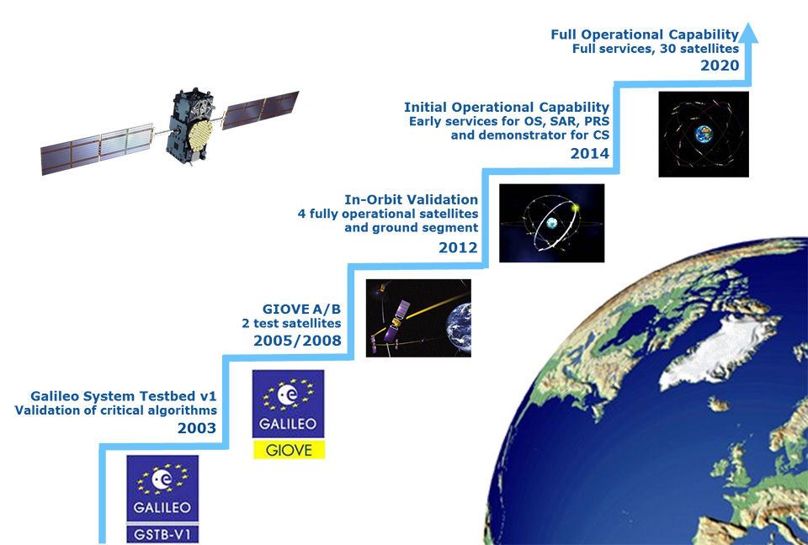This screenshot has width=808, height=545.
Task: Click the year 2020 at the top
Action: (720, 66)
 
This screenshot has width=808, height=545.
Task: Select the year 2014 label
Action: (589, 153)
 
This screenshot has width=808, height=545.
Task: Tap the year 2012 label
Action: (458, 248)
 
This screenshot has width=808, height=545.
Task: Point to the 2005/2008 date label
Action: (297, 341)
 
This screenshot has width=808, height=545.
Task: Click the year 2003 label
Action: (197, 428)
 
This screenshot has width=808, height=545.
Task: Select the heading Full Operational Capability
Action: (645, 34)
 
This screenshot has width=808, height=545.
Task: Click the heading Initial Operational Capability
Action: (507, 107)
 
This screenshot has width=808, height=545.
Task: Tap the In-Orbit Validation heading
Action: (412, 199)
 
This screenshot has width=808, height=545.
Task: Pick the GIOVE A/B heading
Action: (301, 309)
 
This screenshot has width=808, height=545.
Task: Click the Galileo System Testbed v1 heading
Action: (124, 396)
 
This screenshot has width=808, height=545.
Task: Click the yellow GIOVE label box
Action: (289, 450)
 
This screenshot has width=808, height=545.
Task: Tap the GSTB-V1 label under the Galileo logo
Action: (162, 535)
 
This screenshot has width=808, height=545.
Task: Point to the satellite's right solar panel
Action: (261, 110)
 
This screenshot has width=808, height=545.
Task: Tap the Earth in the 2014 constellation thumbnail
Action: (704, 134)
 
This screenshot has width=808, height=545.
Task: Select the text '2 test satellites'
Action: (292, 324)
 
